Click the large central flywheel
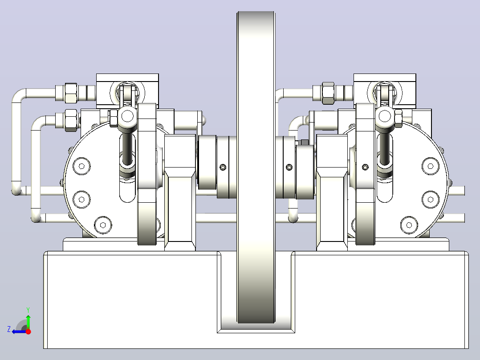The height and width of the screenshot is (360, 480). pos(256,167)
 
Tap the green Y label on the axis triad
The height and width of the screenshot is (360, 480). pos(28,310)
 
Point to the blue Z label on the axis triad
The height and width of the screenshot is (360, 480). pos(9,329)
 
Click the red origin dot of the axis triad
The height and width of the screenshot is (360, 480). pos(28,331)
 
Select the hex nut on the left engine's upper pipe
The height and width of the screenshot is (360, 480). pos(71,93)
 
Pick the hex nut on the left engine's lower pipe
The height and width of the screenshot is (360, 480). pos(71,120)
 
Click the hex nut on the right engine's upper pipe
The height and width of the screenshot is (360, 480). pos(328,93)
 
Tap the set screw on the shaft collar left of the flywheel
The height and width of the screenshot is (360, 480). pos(223,167)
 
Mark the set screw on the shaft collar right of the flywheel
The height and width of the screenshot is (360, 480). pos(289,167)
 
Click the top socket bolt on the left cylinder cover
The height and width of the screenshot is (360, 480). pos(82,166)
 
